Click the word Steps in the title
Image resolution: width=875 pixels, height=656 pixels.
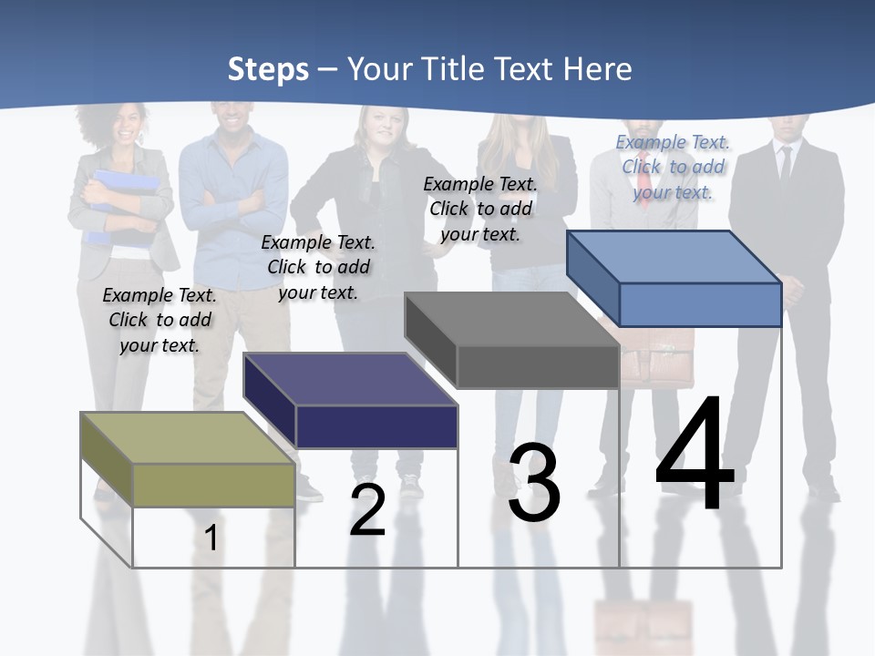tap(268, 69)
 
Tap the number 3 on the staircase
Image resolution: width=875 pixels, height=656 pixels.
tap(534, 484)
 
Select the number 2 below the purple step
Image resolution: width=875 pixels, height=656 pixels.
tap(368, 510)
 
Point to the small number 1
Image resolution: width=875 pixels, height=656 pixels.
tap(211, 538)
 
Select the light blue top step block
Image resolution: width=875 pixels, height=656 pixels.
tap(674, 278)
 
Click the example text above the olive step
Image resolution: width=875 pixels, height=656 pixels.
tap(160, 320)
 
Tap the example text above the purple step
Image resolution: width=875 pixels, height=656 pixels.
tap(318, 267)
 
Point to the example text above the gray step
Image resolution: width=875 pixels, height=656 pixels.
tap(480, 209)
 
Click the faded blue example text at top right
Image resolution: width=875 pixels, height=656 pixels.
tap(673, 167)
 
